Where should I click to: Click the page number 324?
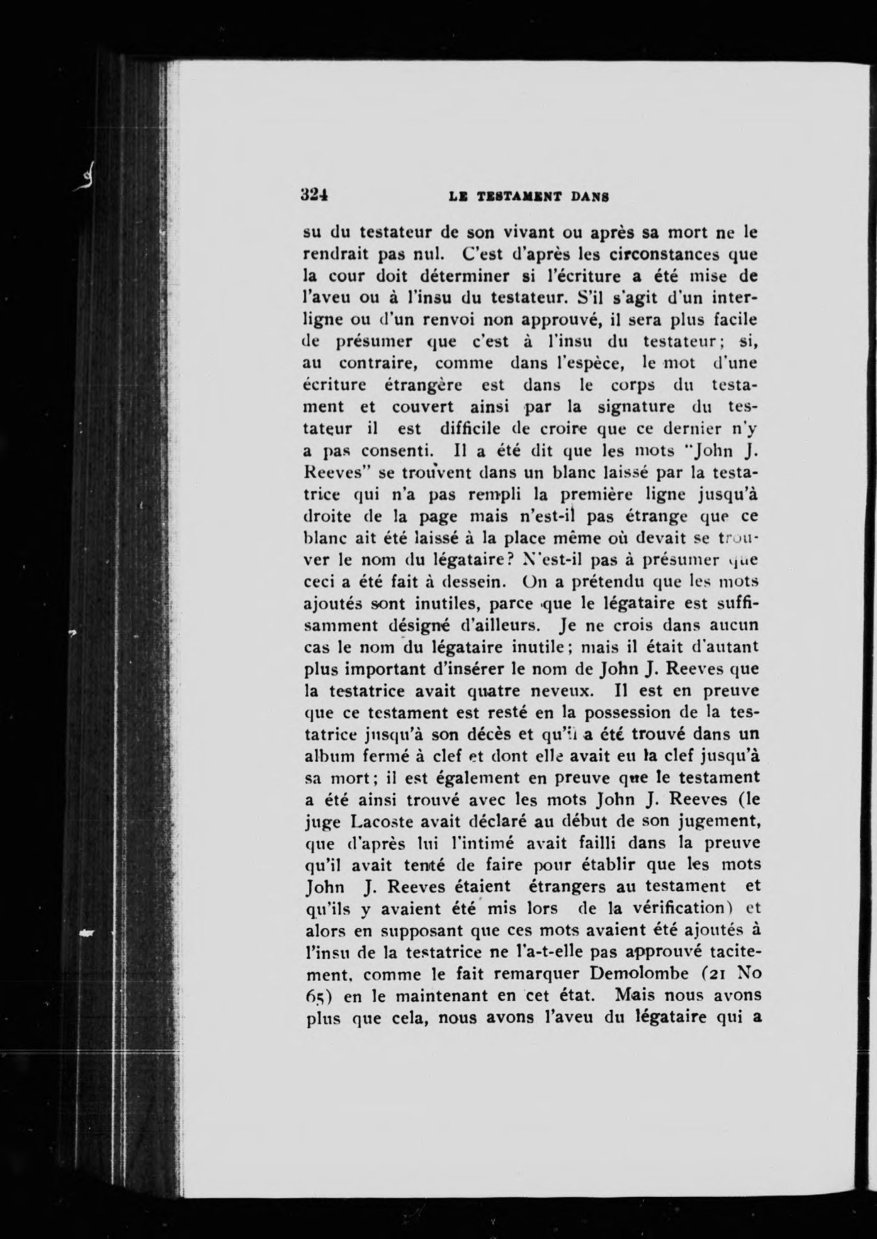coord(317,195)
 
